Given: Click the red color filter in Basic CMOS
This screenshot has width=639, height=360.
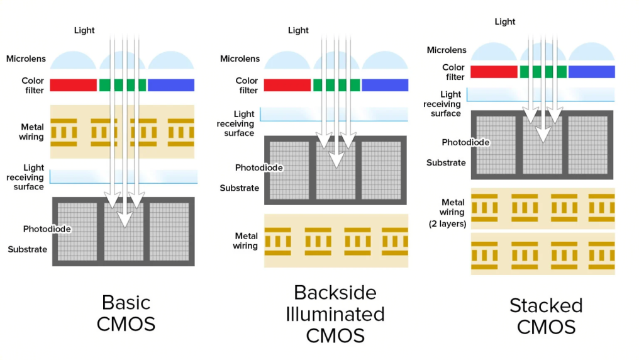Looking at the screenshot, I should coord(73,85).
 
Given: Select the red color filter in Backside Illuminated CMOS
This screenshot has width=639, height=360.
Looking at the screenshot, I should coord(287,85).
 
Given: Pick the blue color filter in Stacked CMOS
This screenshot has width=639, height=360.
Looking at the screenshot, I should coord(591,72).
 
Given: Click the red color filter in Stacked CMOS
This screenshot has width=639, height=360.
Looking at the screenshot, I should coord(493,72).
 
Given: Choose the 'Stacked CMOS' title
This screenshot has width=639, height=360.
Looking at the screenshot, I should coord(546,316).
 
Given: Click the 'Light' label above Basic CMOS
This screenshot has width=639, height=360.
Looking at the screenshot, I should coord(84,30).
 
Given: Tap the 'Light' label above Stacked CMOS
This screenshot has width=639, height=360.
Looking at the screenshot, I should coord(505,21).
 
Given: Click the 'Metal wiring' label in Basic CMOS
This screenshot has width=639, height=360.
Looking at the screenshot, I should coord(32,132).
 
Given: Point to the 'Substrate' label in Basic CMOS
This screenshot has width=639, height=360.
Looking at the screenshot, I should coord(28,249).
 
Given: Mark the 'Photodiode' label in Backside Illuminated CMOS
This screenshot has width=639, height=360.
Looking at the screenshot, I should coord(258,167).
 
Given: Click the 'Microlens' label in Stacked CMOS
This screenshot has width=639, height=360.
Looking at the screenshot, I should coord(447,50).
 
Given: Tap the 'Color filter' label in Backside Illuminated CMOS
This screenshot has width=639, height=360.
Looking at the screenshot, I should coord(247,85).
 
